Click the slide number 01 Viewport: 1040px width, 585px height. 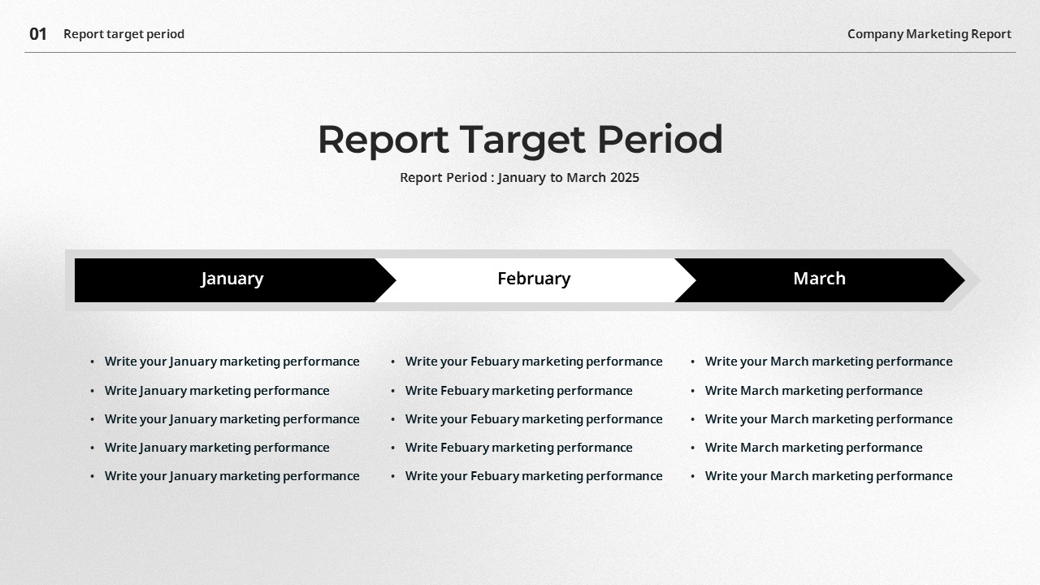(x=38, y=34)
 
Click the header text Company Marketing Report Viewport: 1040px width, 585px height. (x=929, y=34)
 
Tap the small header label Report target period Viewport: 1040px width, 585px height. (x=123, y=34)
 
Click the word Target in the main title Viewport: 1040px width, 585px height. (x=522, y=139)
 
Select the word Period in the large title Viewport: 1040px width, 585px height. (x=660, y=139)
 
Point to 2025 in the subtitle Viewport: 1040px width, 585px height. (x=624, y=177)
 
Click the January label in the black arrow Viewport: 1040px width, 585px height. (x=232, y=279)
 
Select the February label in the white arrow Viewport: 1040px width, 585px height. (x=534, y=279)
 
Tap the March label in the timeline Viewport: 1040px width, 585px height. (x=819, y=279)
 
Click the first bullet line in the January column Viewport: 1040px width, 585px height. (x=232, y=362)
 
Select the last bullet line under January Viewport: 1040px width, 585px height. (x=232, y=476)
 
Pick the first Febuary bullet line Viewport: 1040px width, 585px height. (x=534, y=362)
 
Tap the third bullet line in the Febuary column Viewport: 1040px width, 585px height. (x=534, y=419)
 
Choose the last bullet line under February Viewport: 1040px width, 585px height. (x=534, y=476)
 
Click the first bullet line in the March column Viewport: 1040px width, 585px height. (x=829, y=362)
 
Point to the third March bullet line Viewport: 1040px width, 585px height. (x=829, y=419)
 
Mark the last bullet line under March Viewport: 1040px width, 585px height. (x=829, y=476)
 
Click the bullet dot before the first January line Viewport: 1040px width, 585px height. (x=93, y=362)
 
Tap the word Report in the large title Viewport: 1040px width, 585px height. (x=383, y=139)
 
